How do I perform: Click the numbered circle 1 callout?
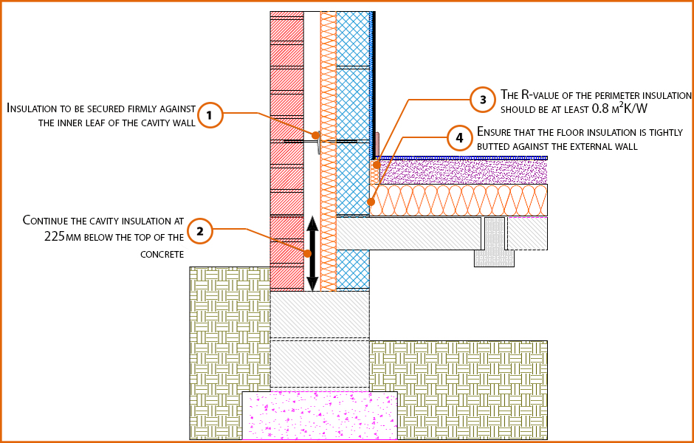[x=210, y=114]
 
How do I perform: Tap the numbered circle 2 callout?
[x=199, y=230]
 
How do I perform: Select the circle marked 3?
[x=483, y=99]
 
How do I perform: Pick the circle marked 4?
[x=459, y=137]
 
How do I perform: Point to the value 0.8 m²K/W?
[x=619, y=109]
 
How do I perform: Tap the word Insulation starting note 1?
[x=33, y=108]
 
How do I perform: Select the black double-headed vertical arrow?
[x=312, y=253]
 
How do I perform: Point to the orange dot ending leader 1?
[x=315, y=135]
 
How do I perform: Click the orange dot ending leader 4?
[x=371, y=201]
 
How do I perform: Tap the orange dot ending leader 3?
[x=376, y=165]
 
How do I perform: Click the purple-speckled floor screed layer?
[x=465, y=172]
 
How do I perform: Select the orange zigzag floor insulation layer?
[x=458, y=200]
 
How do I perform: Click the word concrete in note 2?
[x=162, y=254]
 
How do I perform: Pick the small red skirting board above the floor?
[x=377, y=143]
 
